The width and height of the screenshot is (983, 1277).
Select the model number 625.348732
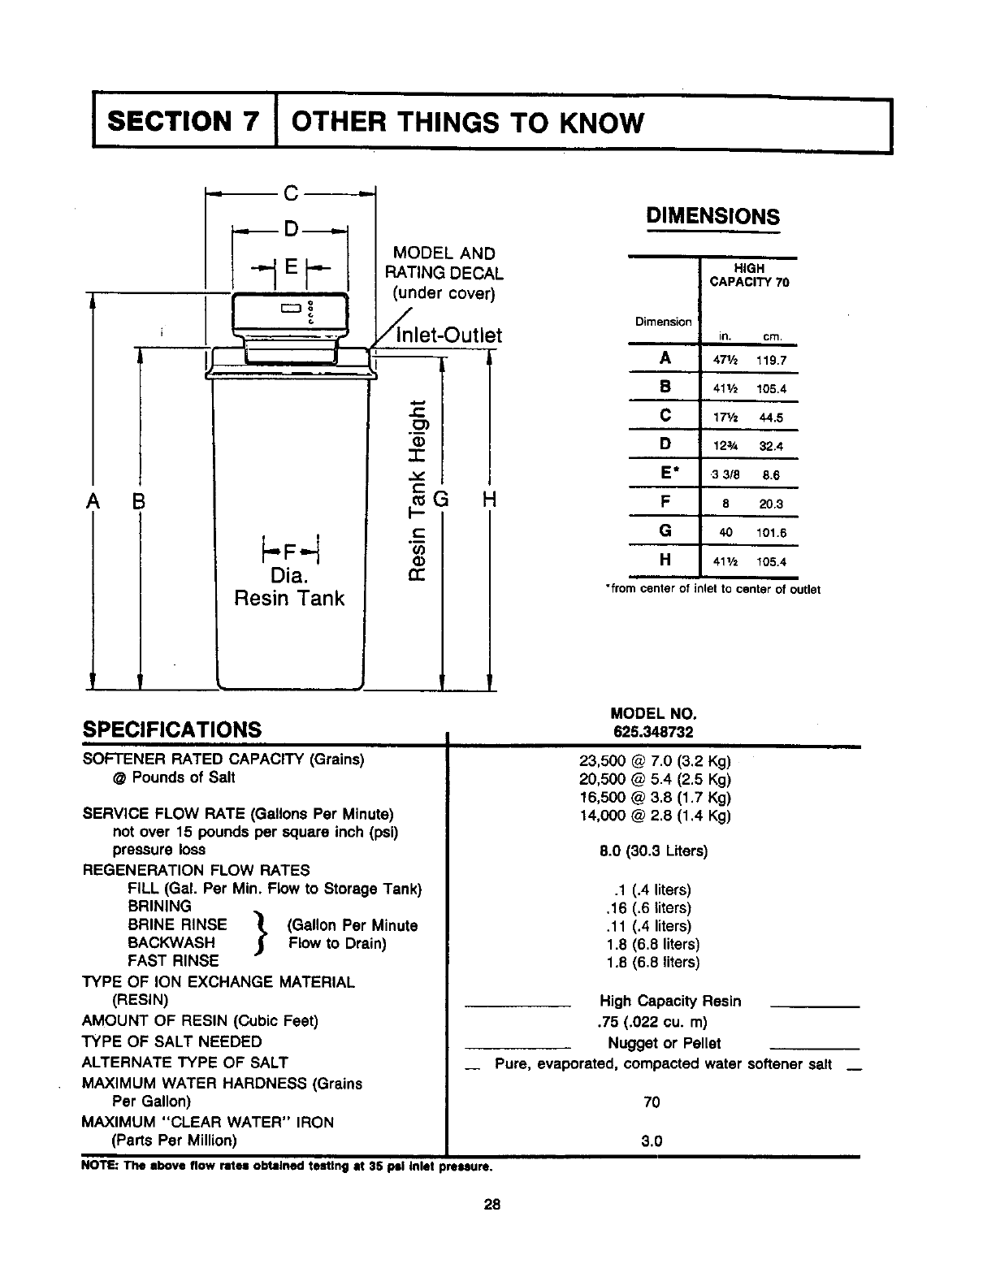pos(653,731)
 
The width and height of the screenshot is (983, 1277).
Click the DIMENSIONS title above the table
pos(712,216)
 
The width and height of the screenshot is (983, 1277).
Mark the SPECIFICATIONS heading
pos(172,729)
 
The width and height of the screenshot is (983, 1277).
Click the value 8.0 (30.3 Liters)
pos(653,851)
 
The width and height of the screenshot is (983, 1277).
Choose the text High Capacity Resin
pos(670,1001)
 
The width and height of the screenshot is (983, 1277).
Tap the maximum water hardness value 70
pos(652,1102)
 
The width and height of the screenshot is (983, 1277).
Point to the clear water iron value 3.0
pos(652,1141)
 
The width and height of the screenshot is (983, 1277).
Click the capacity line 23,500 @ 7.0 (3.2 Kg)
pos(655,762)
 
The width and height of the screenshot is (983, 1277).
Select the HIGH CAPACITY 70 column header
pos(749,275)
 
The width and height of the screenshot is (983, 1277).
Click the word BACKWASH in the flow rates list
pos(171,942)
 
